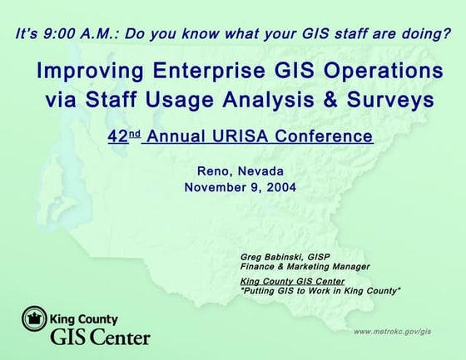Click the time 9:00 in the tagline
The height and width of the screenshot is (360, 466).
coord(59,34)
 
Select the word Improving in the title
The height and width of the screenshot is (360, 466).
coord(90,72)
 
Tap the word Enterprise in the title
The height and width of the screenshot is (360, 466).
coord(209,72)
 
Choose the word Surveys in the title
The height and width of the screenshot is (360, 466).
coord(390,101)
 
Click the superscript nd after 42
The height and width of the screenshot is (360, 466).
coord(135,134)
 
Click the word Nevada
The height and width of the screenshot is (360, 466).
coord(260,171)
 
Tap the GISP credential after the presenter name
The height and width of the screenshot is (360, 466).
coord(319,257)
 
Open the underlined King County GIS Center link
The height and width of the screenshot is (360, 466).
coord(292,281)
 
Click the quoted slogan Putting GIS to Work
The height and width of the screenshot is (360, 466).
coord(320,290)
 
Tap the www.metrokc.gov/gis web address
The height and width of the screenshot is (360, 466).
coord(392,332)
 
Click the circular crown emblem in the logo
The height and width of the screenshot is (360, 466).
coord(34,318)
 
